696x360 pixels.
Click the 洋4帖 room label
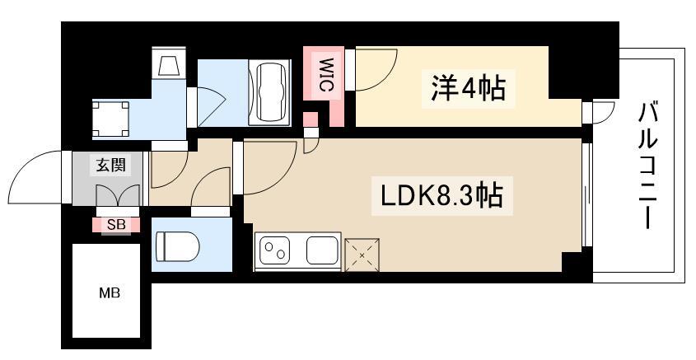pyautogui.click(x=468, y=89)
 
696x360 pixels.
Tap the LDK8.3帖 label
pyautogui.click(x=441, y=195)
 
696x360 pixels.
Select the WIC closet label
pyautogui.click(x=326, y=74)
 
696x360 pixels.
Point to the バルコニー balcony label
pyautogui.click(x=647, y=165)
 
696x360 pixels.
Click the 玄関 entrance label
pyautogui.click(x=111, y=165)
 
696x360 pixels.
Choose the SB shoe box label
pyautogui.click(x=116, y=225)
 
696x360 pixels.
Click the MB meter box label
pyautogui.click(x=110, y=293)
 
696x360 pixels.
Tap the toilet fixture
pyautogui.click(x=177, y=246)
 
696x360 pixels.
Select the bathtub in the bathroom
pyautogui.click(x=269, y=92)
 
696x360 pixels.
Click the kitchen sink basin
pyautogui.click(x=323, y=250)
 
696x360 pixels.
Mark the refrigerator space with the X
pyautogui.click(x=362, y=255)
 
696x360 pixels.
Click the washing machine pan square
pyautogui.click(x=110, y=119)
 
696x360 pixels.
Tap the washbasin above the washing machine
pyautogui.click(x=169, y=63)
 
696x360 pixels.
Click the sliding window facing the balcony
pyautogui.click(x=586, y=194)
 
